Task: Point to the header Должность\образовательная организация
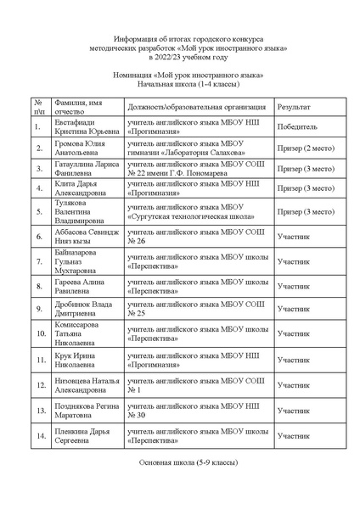click(x=196, y=109)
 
